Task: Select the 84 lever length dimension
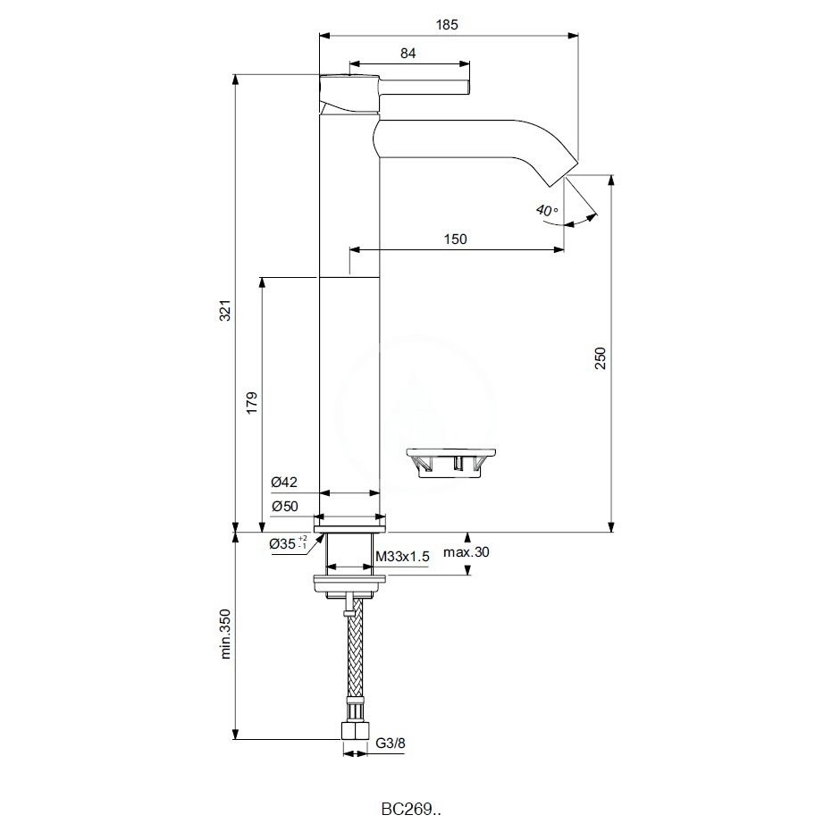[408, 53]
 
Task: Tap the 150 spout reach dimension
[455, 239]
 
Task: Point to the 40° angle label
[546, 211]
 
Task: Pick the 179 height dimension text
[253, 402]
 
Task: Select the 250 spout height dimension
[601, 357]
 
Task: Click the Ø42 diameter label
[284, 483]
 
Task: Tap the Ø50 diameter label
[284, 506]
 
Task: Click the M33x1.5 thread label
[402, 556]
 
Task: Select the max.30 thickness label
[466, 552]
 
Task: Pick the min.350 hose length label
[225, 634]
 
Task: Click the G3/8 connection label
[391, 742]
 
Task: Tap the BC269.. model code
[411, 810]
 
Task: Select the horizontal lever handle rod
[425, 87]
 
